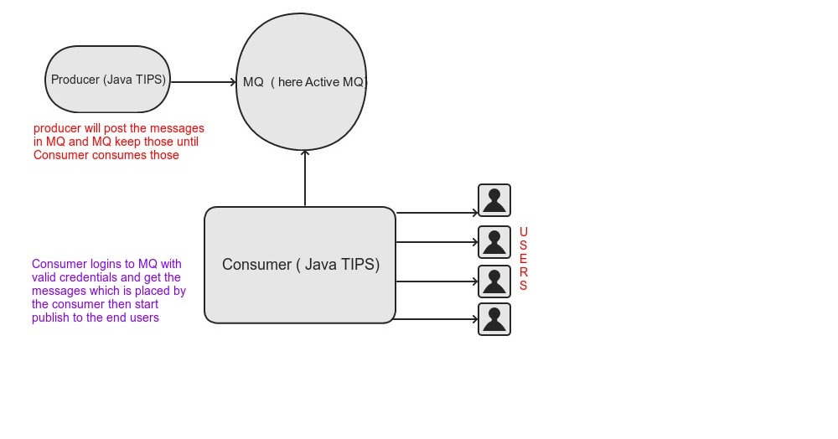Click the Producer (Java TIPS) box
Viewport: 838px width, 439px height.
click(107, 80)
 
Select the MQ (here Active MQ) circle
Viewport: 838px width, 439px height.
click(302, 81)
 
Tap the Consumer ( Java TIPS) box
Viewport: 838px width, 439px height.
click(300, 265)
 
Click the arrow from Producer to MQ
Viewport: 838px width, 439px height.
click(204, 82)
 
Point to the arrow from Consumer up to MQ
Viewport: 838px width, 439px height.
click(305, 178)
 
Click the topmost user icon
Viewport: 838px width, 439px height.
click(494, 201)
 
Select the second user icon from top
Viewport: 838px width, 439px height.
click(494, 242)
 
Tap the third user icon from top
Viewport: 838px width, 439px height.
click(494, 281)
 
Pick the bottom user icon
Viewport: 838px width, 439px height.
click(494, 319)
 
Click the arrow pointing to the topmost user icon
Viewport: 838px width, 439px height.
click(436, 213)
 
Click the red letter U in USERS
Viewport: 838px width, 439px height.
click(524, 232)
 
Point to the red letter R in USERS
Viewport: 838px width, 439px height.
click(524, 272)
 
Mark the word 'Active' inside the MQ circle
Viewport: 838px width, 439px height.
click(323, 82)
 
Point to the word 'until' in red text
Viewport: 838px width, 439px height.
click(188, 142)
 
